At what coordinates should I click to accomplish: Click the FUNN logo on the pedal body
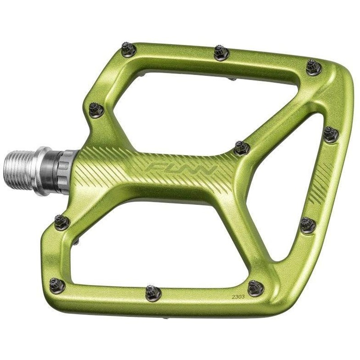pyautogui.click(x=182, y=171)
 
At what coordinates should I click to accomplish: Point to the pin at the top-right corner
pyautogui.click(x=313, y=67)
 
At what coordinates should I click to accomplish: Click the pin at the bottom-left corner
pyautogui.click(x=57, y=285)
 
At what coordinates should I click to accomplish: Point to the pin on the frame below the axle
pyautogui.click(x=62, y=220)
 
